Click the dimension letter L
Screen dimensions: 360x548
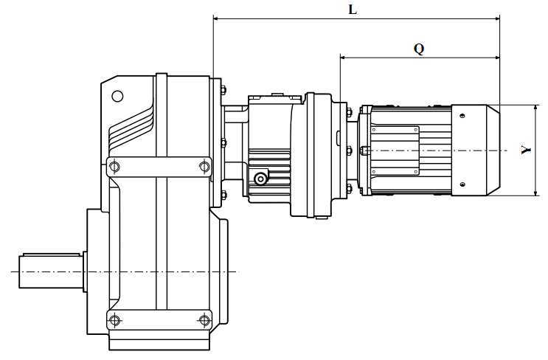click(353, 10)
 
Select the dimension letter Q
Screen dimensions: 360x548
click(419, 49)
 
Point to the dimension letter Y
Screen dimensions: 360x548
click(524, 150)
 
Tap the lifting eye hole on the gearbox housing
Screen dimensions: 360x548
click(117, 96)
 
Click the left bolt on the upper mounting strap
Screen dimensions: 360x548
click(114, 167)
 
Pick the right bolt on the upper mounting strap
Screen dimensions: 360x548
click(204, 167)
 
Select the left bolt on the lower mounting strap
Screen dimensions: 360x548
click(114, 319)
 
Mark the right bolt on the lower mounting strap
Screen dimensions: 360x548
click(204, 319)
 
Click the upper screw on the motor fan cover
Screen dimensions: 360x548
click(462, 116)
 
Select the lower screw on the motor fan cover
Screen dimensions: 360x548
click(462, 185)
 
